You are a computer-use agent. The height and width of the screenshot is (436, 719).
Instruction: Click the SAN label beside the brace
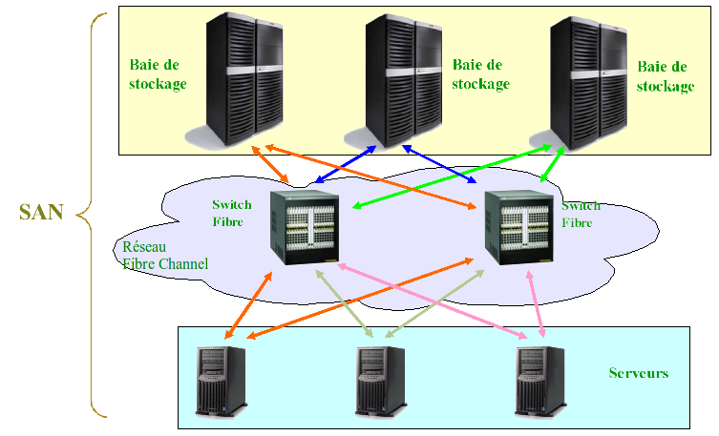point(41,212)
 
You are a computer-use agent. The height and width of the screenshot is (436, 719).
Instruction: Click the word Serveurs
point(638,372)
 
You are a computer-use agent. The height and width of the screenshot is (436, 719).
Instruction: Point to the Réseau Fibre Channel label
point(164,255)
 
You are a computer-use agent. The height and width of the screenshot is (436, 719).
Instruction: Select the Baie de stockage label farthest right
point(665,76)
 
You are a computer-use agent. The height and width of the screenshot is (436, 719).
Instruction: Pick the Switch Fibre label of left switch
point(232,214)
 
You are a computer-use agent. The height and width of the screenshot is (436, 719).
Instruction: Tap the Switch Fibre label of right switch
point(582,214)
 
